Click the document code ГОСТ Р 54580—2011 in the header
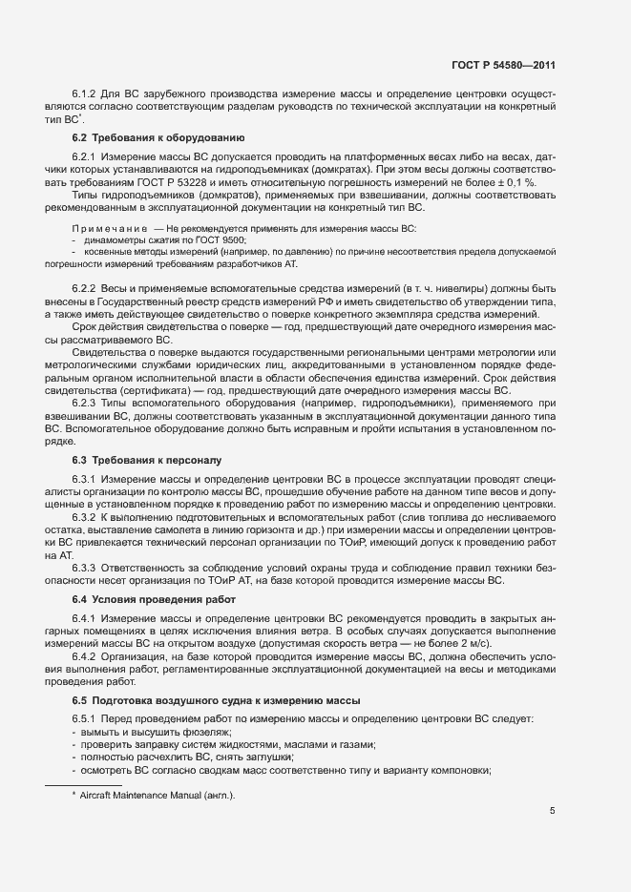pos(504,66)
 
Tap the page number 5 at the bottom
pos(553,811)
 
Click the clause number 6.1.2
pos(86,94)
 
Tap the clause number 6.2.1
pos(86,156)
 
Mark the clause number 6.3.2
pos(86,516)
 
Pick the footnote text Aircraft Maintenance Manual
pos(158,795)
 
